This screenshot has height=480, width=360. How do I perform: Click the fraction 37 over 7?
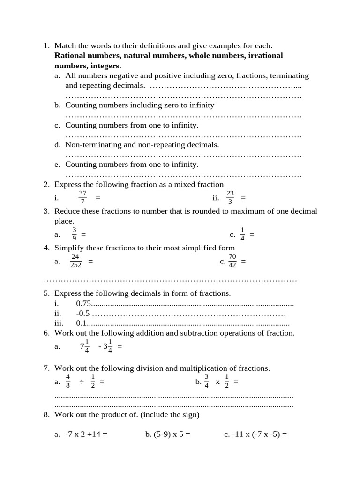[x=82, y=197]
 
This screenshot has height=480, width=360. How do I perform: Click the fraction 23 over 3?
[x=230, y=197]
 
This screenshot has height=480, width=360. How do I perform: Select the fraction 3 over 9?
[x=74, y=234]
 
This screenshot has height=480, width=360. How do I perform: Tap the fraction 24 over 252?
[x=75, y=261]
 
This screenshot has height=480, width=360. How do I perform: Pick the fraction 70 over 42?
[x=232, y=261]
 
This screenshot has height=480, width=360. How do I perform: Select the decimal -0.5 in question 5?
[x=83, y=314]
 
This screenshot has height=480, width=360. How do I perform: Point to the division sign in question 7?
[x=81, y=382]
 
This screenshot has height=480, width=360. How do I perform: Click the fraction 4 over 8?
[x=68, y=382]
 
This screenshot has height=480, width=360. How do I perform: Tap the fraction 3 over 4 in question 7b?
[x=206, y=382]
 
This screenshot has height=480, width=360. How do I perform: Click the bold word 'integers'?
[x=105, y=66]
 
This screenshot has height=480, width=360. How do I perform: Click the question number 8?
[x=46, y=415]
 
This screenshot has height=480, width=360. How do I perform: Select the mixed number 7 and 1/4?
[x=85, y=346]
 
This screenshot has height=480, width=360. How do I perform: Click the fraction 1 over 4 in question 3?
[x=242, y=234]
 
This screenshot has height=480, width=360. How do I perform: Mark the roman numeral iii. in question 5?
[x=59, y=323]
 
